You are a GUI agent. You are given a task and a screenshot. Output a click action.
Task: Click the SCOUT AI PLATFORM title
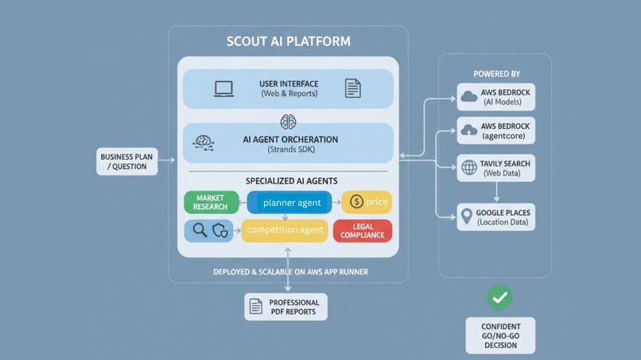288,41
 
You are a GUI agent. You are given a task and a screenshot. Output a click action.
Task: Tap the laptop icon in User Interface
223,88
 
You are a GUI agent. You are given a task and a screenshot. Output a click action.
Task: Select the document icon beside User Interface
352,88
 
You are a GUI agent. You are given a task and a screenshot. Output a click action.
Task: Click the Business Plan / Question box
127,162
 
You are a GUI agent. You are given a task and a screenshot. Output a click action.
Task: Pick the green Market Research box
210,202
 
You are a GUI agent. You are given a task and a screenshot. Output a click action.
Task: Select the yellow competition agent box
285,230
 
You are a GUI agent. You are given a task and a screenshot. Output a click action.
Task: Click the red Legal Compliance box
362,230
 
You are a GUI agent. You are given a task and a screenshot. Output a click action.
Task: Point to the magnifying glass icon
200,230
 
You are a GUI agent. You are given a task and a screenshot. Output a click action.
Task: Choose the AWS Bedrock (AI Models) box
495,98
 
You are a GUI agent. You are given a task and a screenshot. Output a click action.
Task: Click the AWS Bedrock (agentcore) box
495,131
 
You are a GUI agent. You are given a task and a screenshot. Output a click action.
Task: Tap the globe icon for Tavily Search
469,168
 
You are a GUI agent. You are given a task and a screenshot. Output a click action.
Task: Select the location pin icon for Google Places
468,217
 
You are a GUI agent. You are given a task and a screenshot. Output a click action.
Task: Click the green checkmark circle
499,297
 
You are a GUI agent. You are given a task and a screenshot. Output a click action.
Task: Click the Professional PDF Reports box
285,307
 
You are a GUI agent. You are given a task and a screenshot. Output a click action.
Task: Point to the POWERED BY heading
496,74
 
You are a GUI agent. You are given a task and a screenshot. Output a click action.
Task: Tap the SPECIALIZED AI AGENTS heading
287,181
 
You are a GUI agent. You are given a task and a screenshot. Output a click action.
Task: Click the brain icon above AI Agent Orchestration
288,121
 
